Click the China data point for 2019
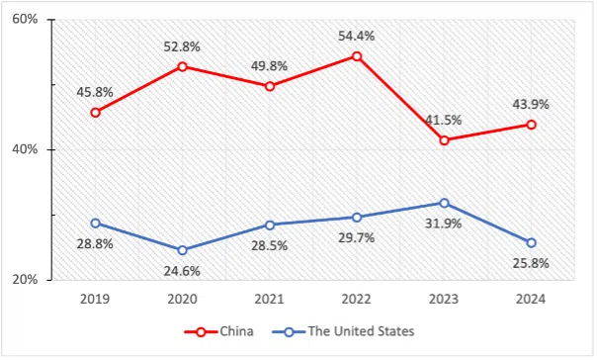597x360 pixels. point(95,113)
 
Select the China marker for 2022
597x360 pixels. point(357,56)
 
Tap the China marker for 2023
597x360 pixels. point(444,140)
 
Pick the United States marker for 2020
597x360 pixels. point(183,250)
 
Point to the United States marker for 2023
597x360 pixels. point(444,203)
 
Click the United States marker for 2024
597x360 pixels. point(531,242)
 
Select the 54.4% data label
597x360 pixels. point(357,36)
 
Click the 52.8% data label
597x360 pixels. point(183,45)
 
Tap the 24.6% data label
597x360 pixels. point(183,271)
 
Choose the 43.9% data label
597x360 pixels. point(531,104)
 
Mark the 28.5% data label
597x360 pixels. point(269,245)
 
